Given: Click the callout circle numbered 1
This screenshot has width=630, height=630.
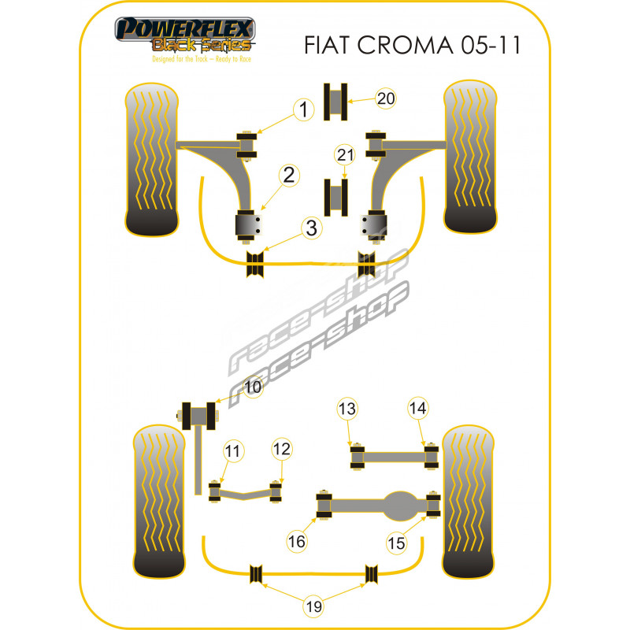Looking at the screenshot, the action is pos(304,109).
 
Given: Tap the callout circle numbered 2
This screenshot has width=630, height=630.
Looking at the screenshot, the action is pos(289,175).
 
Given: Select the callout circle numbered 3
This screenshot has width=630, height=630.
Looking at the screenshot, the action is pos(312,228).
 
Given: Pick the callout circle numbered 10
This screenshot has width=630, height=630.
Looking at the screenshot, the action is pos(253,387).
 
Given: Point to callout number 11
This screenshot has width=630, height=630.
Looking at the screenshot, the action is pos(233,450).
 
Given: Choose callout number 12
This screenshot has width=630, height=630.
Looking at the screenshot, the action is pos(282,449).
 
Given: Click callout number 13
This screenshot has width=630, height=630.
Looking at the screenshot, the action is pos(347,409).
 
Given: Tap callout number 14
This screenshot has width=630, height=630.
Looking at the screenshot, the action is pos(418,408).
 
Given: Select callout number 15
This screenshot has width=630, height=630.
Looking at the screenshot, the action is pos(397,543).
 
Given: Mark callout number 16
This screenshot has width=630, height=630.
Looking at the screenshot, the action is pos(297,542).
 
